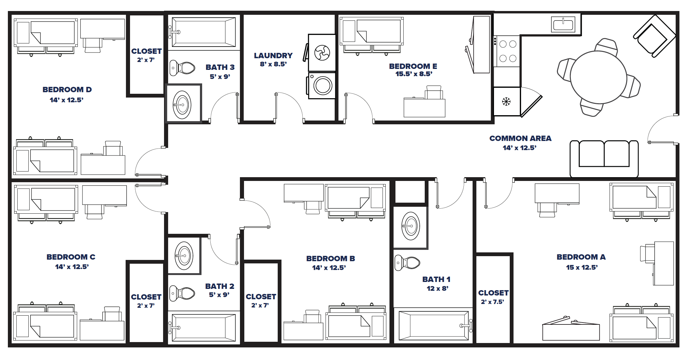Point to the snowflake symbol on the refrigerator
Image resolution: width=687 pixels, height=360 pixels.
[x=506, y=101]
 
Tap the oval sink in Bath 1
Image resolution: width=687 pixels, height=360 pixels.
[x=411, y=226]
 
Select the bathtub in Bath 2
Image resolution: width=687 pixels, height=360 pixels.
[x=203, y=328]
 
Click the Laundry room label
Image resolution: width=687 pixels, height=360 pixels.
[x=273, y=56]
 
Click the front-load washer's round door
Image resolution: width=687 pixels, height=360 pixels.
[x=323, y=85]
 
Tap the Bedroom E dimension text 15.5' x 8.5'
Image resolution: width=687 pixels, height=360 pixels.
[x=413, y=74]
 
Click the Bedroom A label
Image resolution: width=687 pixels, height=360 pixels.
[x=581, y=257]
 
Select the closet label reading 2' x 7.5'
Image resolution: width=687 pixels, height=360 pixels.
[x=492, y=302]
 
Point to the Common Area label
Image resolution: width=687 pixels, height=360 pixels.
[x=520, y=138]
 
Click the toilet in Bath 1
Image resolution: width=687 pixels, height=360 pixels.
[x=407, y=263]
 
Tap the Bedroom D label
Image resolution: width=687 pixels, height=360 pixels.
[x=67, y=90]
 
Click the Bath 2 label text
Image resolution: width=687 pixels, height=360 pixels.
[x=219, y=286]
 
